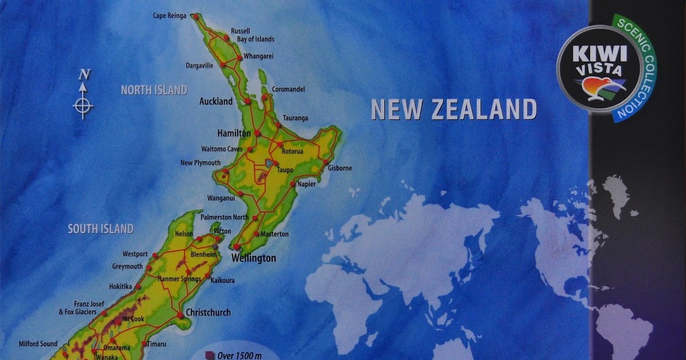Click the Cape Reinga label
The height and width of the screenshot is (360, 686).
(x=169, y=15)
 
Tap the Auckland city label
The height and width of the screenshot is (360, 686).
(x=216, y=102)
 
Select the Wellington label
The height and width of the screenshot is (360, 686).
(x=253, y=258)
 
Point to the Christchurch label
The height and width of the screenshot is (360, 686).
(x=208, y=313)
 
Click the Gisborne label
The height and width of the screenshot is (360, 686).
(x=340, y=168)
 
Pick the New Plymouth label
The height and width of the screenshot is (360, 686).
(x=200, y=163)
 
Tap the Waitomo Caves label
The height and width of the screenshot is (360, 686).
(x=222, y=149)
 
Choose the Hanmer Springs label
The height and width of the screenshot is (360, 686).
(x=179, y=279)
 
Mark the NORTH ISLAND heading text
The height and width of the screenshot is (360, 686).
(x=154, y=90)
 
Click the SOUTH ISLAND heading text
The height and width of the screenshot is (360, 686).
(x=101, y=229)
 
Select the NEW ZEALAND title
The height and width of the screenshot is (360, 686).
(x=454, y=109)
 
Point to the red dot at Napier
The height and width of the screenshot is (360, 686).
(x=293, y=185)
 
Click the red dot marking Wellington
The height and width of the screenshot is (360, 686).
(x=236, y=247)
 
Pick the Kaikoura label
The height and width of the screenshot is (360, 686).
(x=222, y=281)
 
